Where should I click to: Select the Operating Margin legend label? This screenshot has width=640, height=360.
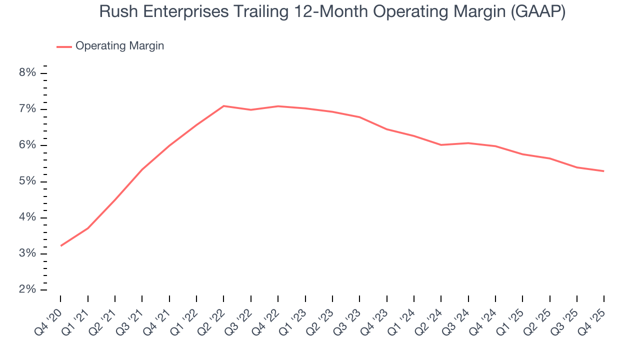coord(119,46)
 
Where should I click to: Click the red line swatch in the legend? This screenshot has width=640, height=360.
coord(64,46)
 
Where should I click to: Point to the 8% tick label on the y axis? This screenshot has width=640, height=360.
coord(27,73)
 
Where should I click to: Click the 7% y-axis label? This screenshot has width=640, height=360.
coord(27,109)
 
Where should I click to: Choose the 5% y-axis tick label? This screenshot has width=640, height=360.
coord(27,181)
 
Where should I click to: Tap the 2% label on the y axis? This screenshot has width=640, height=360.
coord(27,289)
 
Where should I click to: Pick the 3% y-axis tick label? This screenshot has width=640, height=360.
coord(27,253)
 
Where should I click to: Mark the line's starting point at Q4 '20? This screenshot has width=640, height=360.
coord(61,245)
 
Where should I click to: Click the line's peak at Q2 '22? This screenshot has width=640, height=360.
coord(223,106)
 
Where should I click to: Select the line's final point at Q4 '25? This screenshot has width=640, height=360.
coord(603,171)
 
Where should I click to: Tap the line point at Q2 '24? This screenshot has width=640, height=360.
coord(441,145)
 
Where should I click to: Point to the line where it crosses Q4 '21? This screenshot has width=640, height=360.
coord(169,145)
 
